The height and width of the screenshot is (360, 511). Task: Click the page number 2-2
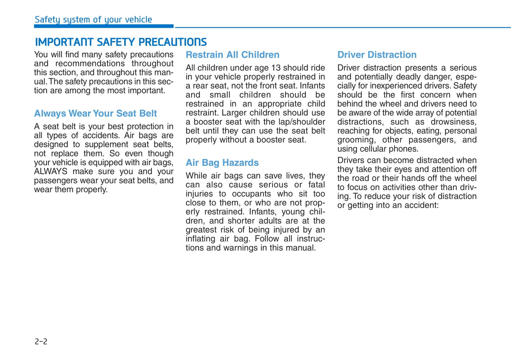click(41, 341)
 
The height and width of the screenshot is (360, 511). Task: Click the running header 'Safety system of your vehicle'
click(93, 19)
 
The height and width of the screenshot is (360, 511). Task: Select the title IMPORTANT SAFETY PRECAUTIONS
click(121, 42)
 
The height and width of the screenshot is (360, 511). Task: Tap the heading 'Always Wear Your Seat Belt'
click(95, 113)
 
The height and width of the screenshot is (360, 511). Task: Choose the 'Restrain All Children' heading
click(232, 55)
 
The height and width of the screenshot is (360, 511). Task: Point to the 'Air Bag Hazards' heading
click(222, 163)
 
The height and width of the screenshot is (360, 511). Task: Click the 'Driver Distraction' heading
click(377, 55)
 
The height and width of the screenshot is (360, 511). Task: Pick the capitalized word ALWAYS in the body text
click(51, 172)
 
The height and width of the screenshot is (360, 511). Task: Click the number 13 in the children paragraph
click(276, 68)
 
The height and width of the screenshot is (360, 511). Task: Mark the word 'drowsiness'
click(453, 122)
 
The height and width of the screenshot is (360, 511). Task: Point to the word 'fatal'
click(317, 185)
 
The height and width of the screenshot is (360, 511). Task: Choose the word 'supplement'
click(106, 144)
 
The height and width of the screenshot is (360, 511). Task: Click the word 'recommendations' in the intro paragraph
click(90, 64)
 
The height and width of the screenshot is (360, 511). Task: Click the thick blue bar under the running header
click(104, 26)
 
